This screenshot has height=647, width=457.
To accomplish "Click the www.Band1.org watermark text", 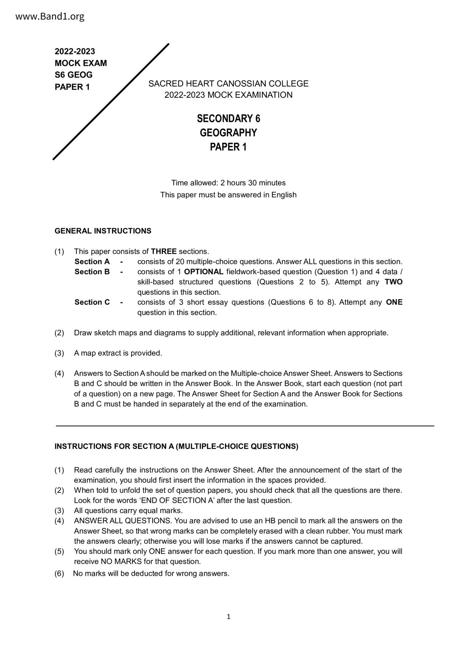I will click(50, 17).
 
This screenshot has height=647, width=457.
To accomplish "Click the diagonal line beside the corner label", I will click(111, 101).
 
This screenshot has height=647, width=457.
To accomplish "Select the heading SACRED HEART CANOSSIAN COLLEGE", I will click(228, 84).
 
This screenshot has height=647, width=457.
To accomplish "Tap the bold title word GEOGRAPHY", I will click(228, 133).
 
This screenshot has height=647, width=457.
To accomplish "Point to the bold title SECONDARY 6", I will click(228, 119).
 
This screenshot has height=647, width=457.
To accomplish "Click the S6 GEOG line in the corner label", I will click(74, 75).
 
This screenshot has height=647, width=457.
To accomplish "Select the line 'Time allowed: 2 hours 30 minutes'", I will click(228, 183).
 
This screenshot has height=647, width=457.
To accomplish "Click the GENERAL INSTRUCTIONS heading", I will click(103, 231).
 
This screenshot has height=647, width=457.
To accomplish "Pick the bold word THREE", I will click(164, 252).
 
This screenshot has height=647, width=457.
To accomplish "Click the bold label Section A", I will click(92, 262).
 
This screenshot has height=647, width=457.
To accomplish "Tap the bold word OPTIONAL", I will click(203, 272).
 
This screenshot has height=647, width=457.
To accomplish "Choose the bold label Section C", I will click(92, 302).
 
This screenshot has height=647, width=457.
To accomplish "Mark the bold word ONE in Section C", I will click(394, 302).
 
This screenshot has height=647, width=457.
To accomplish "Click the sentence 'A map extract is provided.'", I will click(118, 353).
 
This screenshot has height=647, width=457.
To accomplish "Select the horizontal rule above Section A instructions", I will click(245, 426).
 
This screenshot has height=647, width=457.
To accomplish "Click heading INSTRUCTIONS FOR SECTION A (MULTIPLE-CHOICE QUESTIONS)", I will click(176, 447).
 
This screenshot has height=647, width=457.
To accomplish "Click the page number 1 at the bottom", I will click(228, 617).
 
